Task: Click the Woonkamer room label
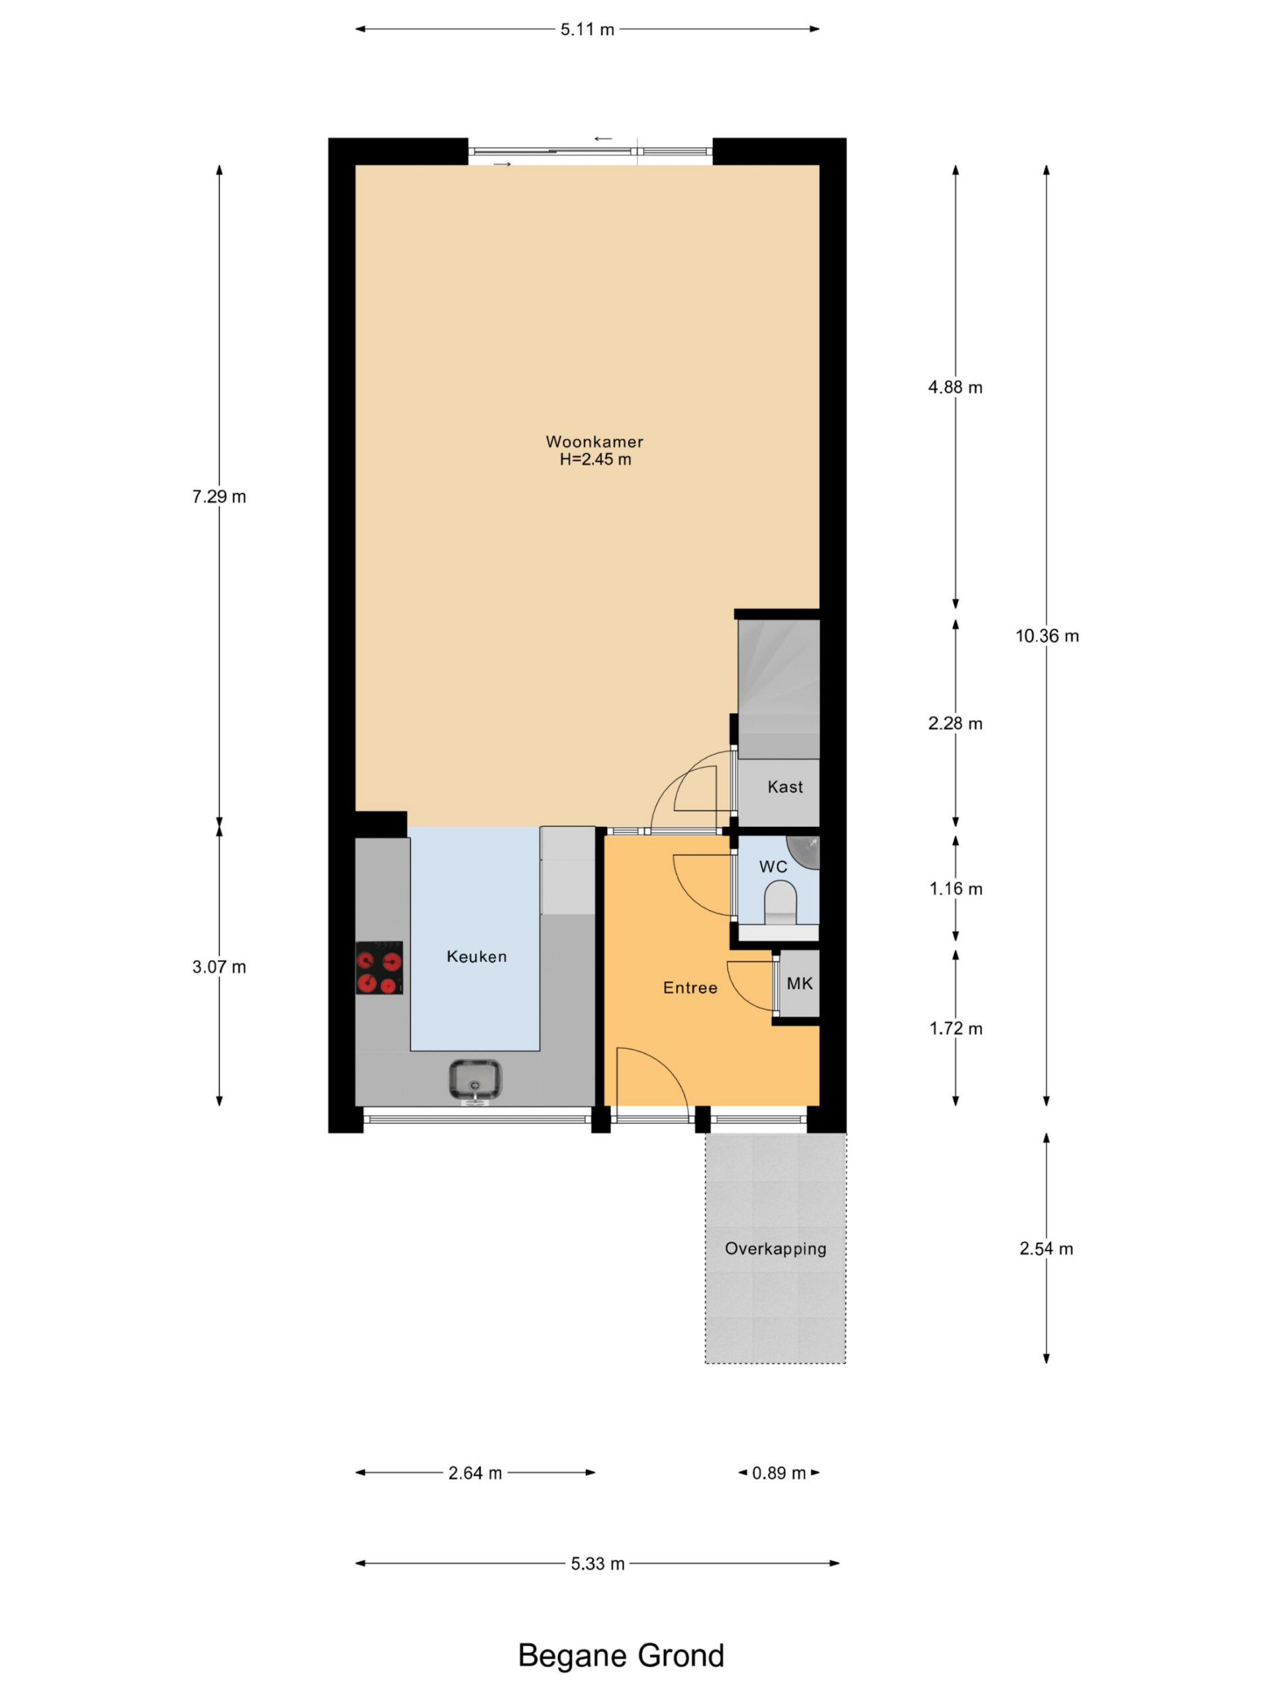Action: coord(594,442)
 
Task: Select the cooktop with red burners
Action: coord(379,968)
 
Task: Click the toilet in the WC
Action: coord(780,902)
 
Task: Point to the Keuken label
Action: coord(477,956)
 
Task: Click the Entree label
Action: coord(690,988)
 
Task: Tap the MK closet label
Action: coord(799,983)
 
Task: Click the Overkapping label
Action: coord(775,1248)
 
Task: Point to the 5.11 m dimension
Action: coord(587,30)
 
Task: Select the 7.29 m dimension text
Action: coord(219,497)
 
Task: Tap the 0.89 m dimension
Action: coord(778,1473)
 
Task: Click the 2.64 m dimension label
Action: coord(475,1473)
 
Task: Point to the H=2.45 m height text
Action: coord(595,460)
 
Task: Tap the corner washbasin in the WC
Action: coord(804,851)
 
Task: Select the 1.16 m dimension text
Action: coord(955,889)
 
